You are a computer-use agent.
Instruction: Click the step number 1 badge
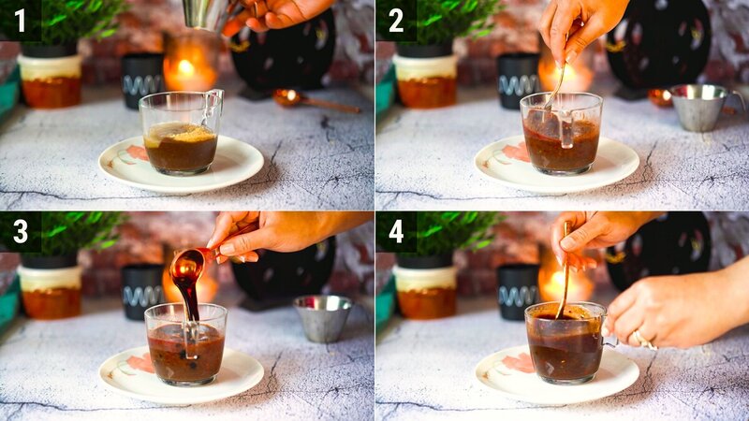(x=20, y=20)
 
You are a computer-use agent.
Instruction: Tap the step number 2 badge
(x=396, y=20)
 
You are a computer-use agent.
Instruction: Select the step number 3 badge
(x=20, y=231)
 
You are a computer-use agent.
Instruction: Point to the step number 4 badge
(x=396, y=231)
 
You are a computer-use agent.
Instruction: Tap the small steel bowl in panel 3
(x=322, y=318)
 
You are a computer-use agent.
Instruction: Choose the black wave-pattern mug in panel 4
(x=518, y=290)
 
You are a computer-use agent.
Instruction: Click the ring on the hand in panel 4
(x=638, y=338)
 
